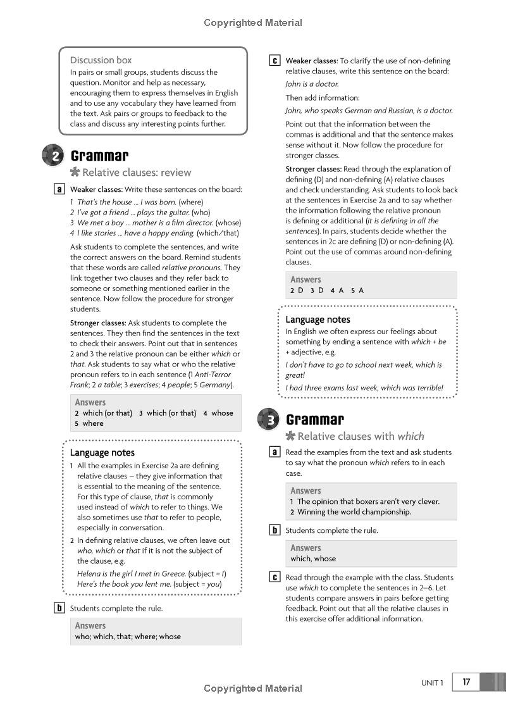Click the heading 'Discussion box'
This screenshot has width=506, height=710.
[x=101, y=60]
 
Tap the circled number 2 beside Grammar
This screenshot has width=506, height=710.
[x=54, y=156]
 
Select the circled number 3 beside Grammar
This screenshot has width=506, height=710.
[x=269, y=420]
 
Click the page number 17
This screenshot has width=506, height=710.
[x=466, y=682]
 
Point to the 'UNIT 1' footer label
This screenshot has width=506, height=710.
[x=433, y=683]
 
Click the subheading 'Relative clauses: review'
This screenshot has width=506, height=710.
[x=137, y=172]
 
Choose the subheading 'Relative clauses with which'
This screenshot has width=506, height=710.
[x=361, y=436]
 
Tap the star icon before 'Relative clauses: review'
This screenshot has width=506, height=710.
[x=75, y=172]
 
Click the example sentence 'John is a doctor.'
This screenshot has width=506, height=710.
[x=312, y=84]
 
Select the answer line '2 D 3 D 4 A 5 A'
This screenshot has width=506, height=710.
[x=326, y=290]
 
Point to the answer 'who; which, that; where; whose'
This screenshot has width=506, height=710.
[x=128, y=637]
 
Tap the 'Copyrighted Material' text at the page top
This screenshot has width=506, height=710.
[x=253, y=23]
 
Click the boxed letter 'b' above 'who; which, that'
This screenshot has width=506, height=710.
[x=59, y=608]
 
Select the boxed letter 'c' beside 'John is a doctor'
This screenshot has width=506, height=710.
[x=275, y=61]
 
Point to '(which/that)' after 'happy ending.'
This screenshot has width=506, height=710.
[x=219, y=233]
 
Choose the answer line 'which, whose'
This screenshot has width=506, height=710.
[x=313, y=559]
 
